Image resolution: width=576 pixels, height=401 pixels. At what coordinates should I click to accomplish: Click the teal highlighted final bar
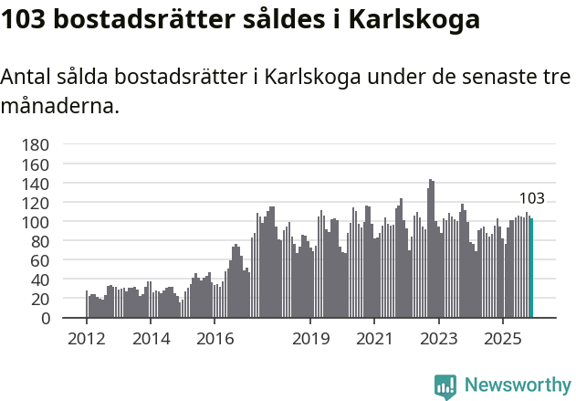pos(531,269)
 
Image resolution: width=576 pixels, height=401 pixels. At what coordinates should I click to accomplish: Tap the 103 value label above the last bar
pos(531,198)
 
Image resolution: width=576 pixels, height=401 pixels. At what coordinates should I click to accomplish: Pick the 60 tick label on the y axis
pos(39,260)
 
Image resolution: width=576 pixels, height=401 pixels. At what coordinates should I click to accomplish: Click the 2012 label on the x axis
pos(87,339)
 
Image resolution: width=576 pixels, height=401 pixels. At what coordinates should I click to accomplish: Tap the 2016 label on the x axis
pos(215,339)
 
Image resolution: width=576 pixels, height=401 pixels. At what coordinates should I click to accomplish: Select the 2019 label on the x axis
pos(310,339)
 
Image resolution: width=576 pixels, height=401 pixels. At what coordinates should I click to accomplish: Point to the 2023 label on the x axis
pos(438,339)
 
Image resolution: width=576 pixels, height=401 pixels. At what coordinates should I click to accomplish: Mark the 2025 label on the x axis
pos(502,339)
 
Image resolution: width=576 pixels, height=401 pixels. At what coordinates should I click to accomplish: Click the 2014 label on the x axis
pos(151,339)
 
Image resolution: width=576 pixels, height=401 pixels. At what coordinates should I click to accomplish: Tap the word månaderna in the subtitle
pos(59,106)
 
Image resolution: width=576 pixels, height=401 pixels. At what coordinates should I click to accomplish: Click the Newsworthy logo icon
pos(445,385)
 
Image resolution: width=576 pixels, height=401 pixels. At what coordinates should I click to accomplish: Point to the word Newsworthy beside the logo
pos(518,385)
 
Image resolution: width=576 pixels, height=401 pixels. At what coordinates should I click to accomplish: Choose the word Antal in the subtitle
pos(26,78)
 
